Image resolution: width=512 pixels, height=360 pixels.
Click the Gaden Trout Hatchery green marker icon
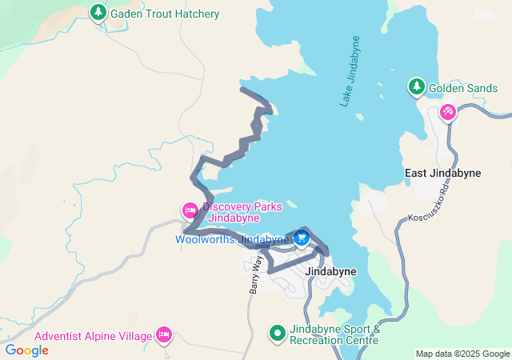pos(98,13)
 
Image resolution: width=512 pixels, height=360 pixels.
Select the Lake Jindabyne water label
pos(350,71)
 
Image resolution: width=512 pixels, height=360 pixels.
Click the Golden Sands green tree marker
pos(416,86)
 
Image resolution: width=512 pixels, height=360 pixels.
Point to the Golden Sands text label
pos(458,87)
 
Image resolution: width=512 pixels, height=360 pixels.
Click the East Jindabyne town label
pos(437,174)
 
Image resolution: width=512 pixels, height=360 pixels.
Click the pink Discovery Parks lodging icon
pos(190,211)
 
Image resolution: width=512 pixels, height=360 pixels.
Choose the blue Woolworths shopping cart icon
pos(302,238)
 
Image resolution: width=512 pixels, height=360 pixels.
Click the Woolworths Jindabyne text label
pos(232,239)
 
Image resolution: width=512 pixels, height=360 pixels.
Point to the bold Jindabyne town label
pos(331,271)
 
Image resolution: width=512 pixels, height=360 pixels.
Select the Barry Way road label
pos(254,274)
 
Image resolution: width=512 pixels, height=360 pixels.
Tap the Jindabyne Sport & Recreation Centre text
pos(334,334)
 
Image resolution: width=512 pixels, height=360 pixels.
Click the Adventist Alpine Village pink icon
pos(164,334)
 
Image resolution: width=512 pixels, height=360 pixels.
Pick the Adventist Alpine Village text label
pos(93,336)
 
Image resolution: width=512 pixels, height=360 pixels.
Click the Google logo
pos(27,350)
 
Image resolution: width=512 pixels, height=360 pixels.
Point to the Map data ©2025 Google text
pos(462,354)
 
